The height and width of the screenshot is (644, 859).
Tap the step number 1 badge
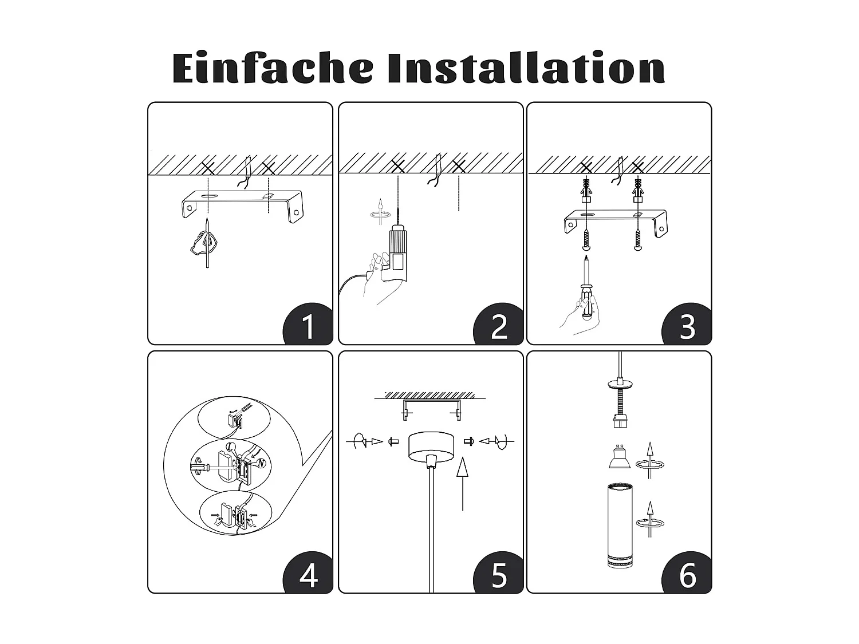[x=308, y=326]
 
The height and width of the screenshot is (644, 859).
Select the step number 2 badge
[x=499, y=326]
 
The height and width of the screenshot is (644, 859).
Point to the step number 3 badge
[x=687, y=326]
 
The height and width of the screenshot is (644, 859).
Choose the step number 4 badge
[x=308, y=575]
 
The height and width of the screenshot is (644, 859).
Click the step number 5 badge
[x=499, y=575]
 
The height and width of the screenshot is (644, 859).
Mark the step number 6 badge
[x=687, y=575]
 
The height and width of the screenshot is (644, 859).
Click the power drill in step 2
[x=396, y=252]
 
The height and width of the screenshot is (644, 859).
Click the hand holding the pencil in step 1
[x=203, y=243]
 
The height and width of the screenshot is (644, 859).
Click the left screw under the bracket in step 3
[x=586, y=239]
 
